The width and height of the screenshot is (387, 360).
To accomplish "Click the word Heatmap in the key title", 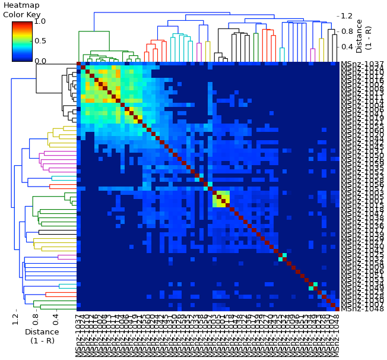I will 21,5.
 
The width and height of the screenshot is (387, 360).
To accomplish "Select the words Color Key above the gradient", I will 21,14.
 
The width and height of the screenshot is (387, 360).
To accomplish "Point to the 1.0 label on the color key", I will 40,21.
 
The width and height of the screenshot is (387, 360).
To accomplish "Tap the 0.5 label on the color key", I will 40,41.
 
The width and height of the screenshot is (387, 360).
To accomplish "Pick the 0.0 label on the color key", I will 40,61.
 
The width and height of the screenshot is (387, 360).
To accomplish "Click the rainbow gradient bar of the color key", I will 23,41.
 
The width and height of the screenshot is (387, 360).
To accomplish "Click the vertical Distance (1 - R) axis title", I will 363,36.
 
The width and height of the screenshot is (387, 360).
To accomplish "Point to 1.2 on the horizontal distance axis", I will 15,321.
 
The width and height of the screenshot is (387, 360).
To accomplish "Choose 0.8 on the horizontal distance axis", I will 36,321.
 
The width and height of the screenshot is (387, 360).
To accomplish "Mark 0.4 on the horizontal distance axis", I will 55,321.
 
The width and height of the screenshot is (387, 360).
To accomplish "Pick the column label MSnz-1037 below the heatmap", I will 79,336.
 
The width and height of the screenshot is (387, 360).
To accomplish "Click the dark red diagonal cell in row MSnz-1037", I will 79,64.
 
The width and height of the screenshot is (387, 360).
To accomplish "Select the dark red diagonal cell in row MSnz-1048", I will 337,309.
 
